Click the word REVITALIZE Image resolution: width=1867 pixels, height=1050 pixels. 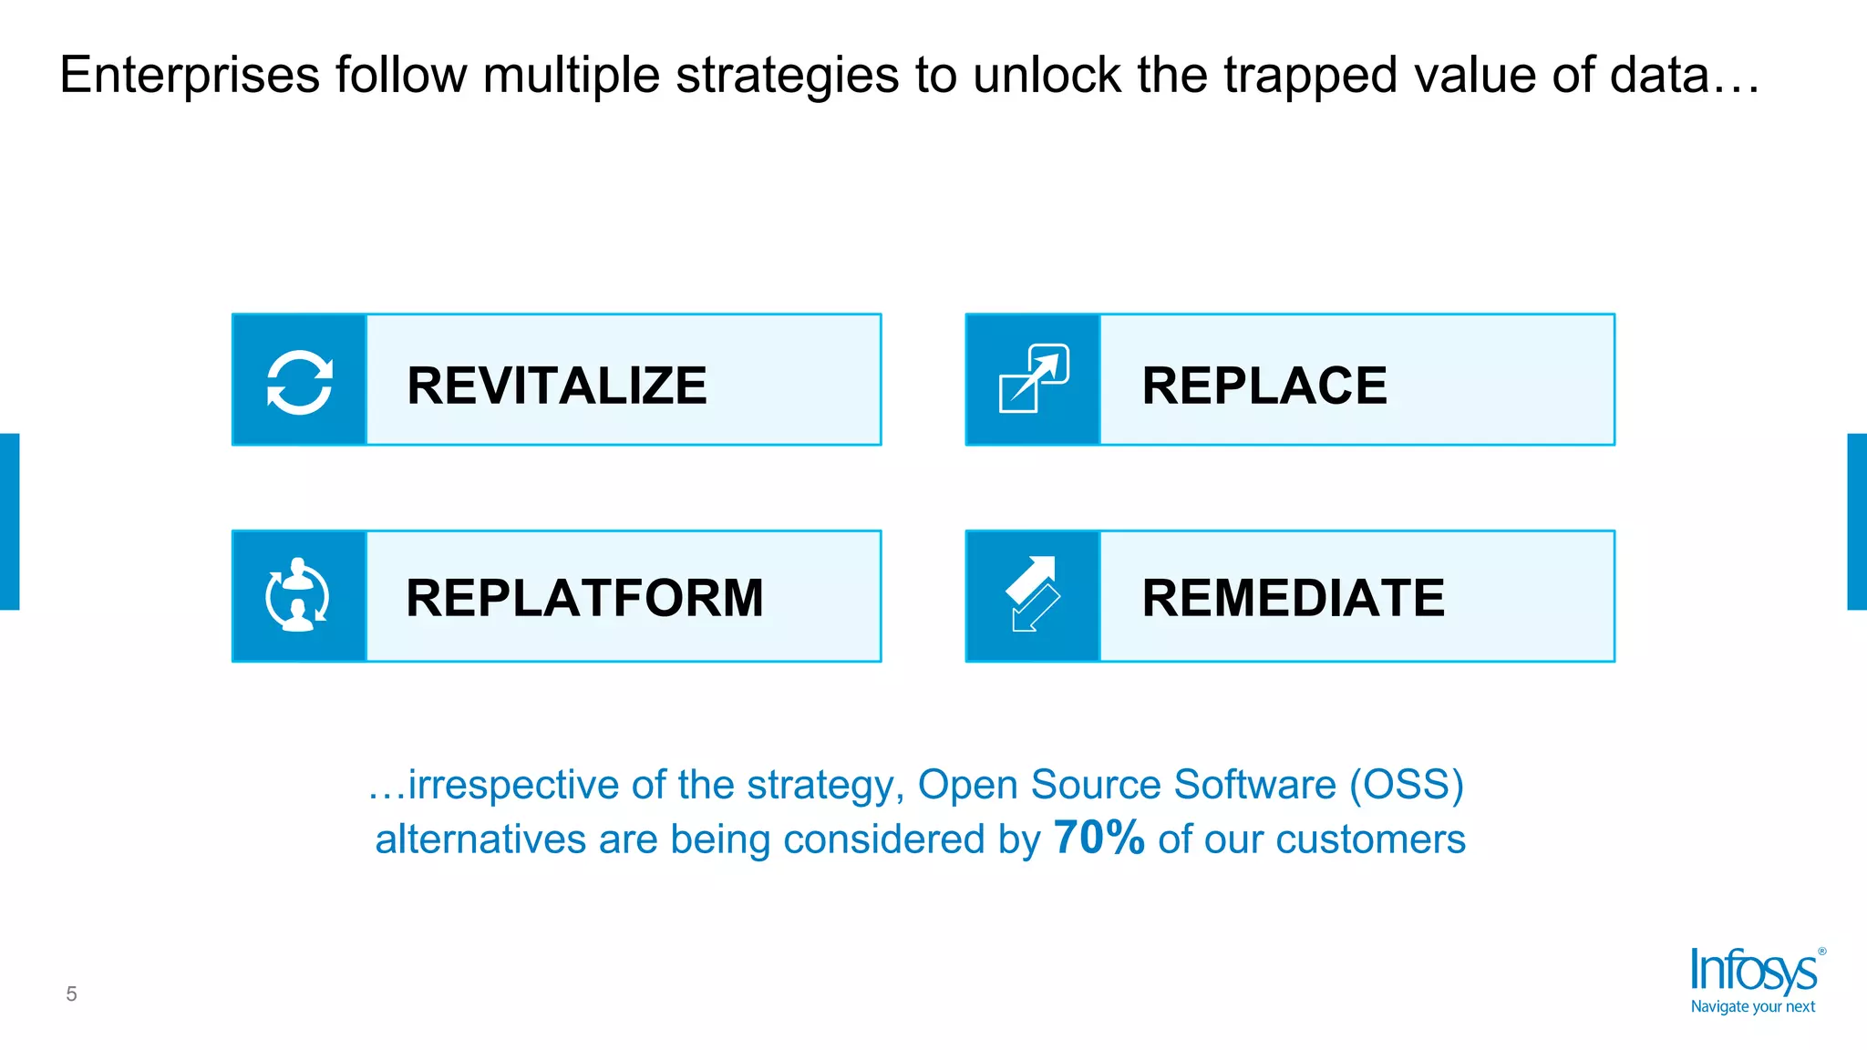click(x=556, y=386)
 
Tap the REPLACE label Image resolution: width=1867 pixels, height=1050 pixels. click(x=1264, y=386)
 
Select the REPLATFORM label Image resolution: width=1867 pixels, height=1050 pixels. click(x=584, y=598)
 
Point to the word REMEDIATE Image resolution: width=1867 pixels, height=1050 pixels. click(x=1293, y=598)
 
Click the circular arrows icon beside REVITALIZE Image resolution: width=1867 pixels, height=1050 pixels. click(x=299, y=382)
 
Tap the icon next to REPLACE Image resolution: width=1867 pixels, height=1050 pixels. click(x=1034, y=378)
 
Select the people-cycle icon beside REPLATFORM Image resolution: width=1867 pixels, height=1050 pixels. click(x=297, y=595)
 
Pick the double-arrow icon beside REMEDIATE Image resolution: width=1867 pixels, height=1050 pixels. click(x=1034, y=594)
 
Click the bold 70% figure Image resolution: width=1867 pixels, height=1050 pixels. click(x=1099, y=838)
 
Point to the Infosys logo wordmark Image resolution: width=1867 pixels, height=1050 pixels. click(x=1753, y=972)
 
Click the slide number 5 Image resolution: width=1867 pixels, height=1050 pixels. click(x=71, y=993)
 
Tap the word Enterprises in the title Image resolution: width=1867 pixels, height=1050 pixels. click(x=190, y=76)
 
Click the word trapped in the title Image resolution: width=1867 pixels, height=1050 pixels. click(x=1310, y=76)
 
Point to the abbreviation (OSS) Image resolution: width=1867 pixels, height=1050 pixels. click(x=1407, y=785)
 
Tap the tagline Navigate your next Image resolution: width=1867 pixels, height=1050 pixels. click(x=1752, y=1007)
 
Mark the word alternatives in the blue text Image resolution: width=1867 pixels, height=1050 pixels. click(x=480, y=839)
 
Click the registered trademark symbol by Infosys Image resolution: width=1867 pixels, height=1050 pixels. click(x=1822, y=952)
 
